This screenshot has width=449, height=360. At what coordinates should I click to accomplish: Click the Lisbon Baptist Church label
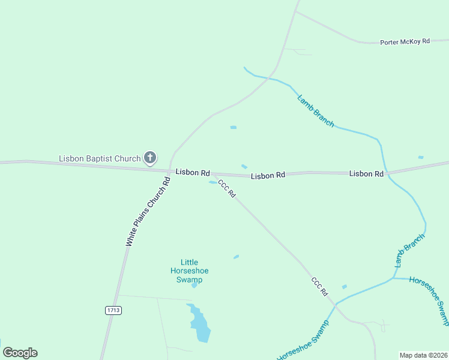[x=99, y=158]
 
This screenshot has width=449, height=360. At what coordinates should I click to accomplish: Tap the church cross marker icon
[x=150, y=158]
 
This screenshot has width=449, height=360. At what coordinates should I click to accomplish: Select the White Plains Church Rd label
[x=148, y=212]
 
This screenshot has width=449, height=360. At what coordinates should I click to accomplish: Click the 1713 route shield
[x=113, y=310]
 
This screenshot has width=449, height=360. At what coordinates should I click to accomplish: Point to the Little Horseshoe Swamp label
[x=189, y=271]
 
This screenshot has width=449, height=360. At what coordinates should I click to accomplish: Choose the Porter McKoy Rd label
[x=405, y=42]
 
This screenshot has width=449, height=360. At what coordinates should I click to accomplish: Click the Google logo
[x=20, y=353]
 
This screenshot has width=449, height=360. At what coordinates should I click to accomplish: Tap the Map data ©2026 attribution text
[x=423, y=355]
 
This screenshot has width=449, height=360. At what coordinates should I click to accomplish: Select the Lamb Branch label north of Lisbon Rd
[x=316, y=110]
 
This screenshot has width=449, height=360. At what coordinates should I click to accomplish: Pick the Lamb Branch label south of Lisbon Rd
[x=409, y=250]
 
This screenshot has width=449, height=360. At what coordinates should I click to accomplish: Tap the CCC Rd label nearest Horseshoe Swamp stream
[x=320, y=286]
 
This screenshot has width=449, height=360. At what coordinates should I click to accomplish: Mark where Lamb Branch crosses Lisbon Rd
[x=386, y=173]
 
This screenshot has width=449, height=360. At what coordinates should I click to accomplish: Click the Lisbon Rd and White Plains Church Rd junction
[x=170, y=171]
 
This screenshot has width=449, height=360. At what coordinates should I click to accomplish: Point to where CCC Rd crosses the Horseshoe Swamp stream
[x=335, y=304]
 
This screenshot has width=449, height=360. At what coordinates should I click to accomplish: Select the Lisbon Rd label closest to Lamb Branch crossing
[x=366, y=174]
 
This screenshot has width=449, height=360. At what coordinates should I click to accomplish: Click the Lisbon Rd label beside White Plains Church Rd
[x=192, y=172]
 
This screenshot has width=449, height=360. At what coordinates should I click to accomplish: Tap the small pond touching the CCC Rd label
[x=212, y=182]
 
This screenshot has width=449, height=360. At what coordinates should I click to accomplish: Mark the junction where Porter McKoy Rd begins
[x=295, y=11]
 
